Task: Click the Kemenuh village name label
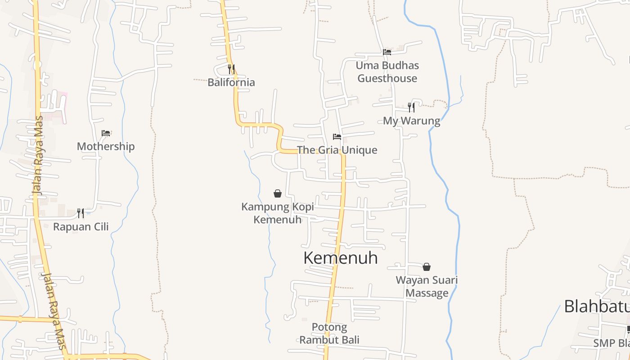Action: (x=340, y=258)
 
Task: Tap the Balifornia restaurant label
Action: (x=231, y=82)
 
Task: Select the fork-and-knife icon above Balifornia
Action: (x=231, y=69)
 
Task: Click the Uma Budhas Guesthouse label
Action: (x=387, y=72)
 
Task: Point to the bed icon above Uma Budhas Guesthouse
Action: (x=387, y=52)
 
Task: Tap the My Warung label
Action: (x=411, y=121)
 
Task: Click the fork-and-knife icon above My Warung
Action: (x=411, y=107)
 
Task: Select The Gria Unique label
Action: (x=337, y=150)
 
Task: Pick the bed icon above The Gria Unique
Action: (x=337, y=136)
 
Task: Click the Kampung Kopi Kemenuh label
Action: (x=278, y=213)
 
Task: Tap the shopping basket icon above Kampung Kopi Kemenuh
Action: (x=278, y=193)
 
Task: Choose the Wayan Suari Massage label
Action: (x=427, y=287)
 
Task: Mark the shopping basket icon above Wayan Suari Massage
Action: (x=427, y=267)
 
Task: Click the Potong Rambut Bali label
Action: (x=329, y=333)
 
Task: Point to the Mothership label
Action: (x=106, y=146)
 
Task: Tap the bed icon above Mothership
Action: (x=106, y=133)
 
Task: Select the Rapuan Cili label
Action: (x=81, y=226)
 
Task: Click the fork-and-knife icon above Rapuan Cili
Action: (x=81, y=213)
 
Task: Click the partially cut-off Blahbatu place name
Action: (x=596, y=306)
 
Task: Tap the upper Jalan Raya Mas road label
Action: (x=39, y=155)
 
